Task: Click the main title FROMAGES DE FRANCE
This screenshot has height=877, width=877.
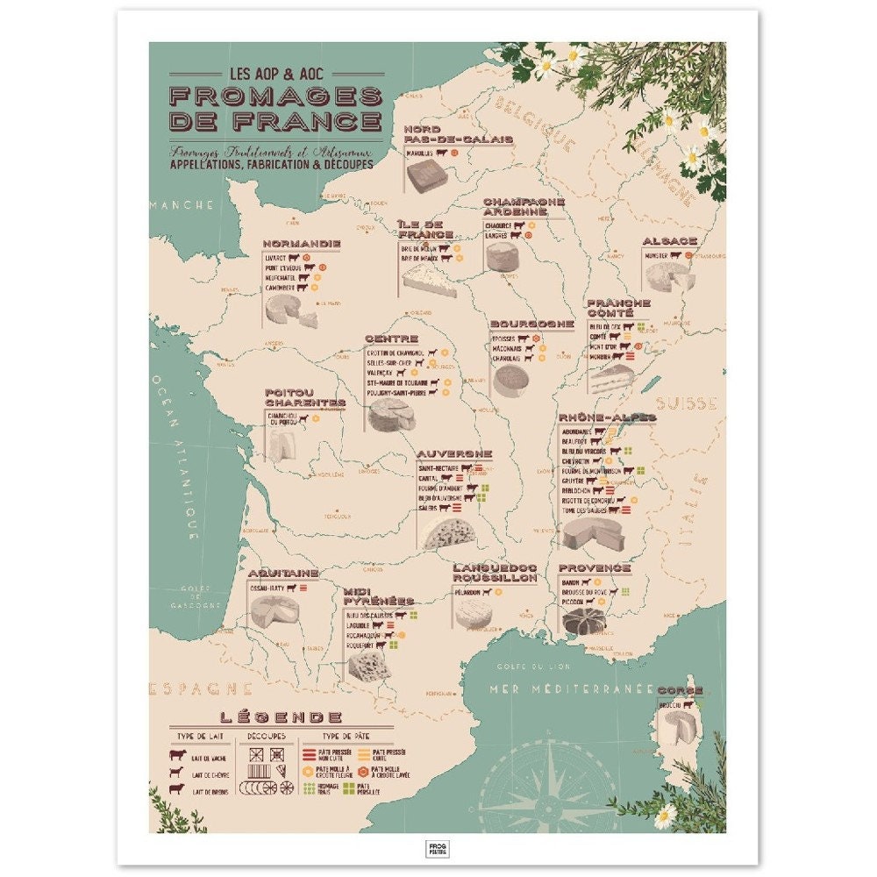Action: tap(275, 108)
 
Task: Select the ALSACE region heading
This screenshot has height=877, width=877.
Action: tap(669, 241)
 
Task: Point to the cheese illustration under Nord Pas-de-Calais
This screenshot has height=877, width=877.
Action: tap(426, 175)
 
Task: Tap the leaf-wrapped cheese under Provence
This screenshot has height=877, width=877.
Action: tap(582, 620)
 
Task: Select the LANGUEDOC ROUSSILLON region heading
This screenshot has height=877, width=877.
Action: tap(495, 573)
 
